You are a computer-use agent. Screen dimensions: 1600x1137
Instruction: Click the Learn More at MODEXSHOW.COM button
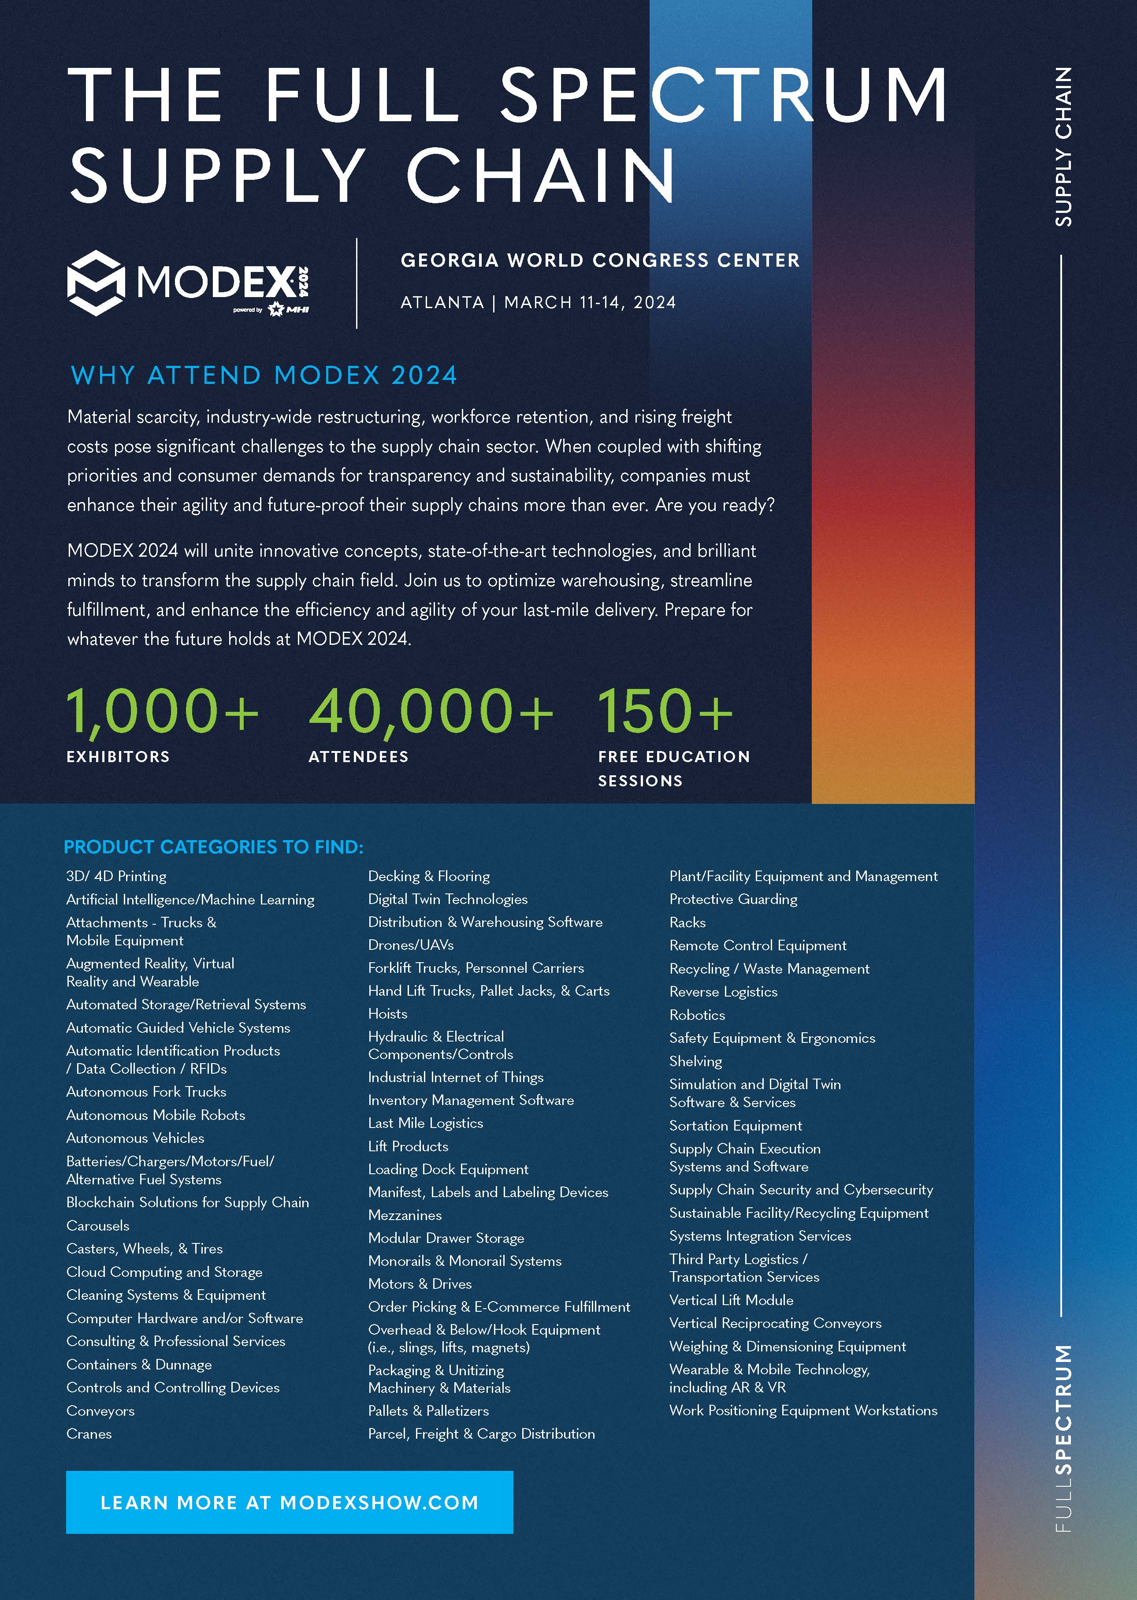tap(289, 1502)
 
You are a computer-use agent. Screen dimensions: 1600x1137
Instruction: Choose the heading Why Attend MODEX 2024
tap(264, 376)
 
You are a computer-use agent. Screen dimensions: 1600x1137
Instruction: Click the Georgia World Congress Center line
tap(599, 260)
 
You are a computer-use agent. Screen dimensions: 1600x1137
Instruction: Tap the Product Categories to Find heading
tap(214, 847)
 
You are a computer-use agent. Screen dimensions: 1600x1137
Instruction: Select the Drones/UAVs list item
tap(411, 945)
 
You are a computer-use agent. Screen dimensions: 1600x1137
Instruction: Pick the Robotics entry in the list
tap(697, 1015)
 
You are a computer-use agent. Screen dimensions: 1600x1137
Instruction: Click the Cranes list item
tap(89, 1433)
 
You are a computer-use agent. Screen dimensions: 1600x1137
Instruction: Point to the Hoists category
tap(387, 1013)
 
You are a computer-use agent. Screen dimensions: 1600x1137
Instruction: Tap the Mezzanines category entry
tap(405, 1215)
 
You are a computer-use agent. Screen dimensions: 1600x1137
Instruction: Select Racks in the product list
tap(687, 922)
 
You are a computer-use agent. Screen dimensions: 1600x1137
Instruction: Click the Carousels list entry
tap(97, 1225)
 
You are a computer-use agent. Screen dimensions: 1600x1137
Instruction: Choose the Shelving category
tap(695, 1061)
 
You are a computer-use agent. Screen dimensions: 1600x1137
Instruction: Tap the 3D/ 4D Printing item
tap(116, 876)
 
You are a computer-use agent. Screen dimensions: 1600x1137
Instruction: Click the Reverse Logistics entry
tap(723, 991)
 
